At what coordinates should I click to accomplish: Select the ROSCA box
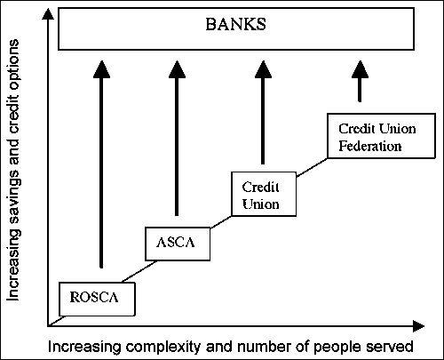98,299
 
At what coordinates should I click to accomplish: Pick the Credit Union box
262,195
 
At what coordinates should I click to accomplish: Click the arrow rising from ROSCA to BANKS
102,169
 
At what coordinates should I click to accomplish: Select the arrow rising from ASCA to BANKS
178,142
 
